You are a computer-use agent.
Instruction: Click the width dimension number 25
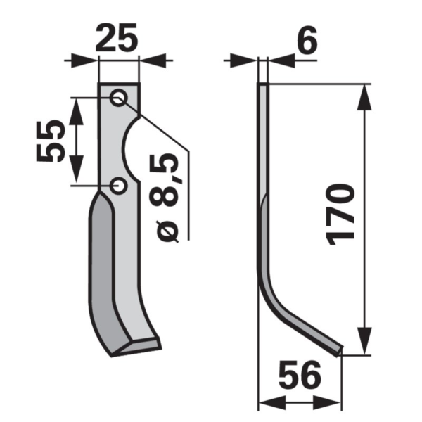point(117,37)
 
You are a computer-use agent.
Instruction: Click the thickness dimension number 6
point(307,40)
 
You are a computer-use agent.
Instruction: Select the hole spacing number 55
point(51,141)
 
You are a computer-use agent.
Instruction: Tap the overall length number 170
point(340,215)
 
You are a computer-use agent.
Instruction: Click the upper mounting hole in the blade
point(118,97)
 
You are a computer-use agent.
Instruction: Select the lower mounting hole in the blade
point(118,186)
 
